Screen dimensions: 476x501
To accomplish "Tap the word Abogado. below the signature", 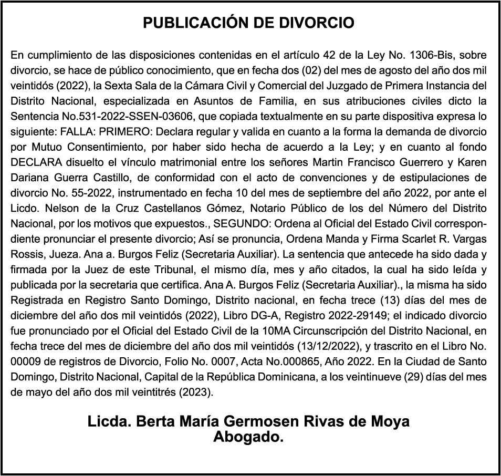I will [x=248, y=437].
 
